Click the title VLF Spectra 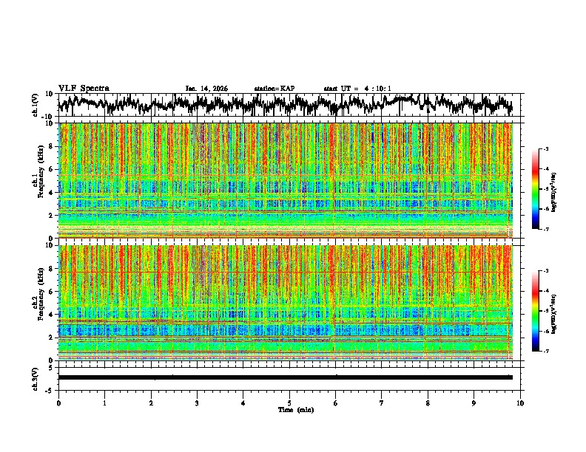pyautogui.click(x=84, y=88)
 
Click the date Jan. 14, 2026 pyautogui.click(x=206, y=89)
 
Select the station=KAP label pyautogui.click(x=274, y=89)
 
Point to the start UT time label pyautogui.click(x=357, y=89)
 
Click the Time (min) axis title pyautogui.click(x=289, y=409)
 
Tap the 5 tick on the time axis pyautogui.click(x=289, y=403)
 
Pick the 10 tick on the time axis pyautogui.click(x=520, y=403)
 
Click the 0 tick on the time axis pyautogui.click(x=58, y=403)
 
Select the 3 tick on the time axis pyautogui.click(x=197, y=403)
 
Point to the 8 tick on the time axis pyautogui.click(x=428, y=403)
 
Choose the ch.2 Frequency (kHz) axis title pyautogui.click(x=36, y=302)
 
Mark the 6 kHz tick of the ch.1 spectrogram pyautogui.click(x=51, y=169)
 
